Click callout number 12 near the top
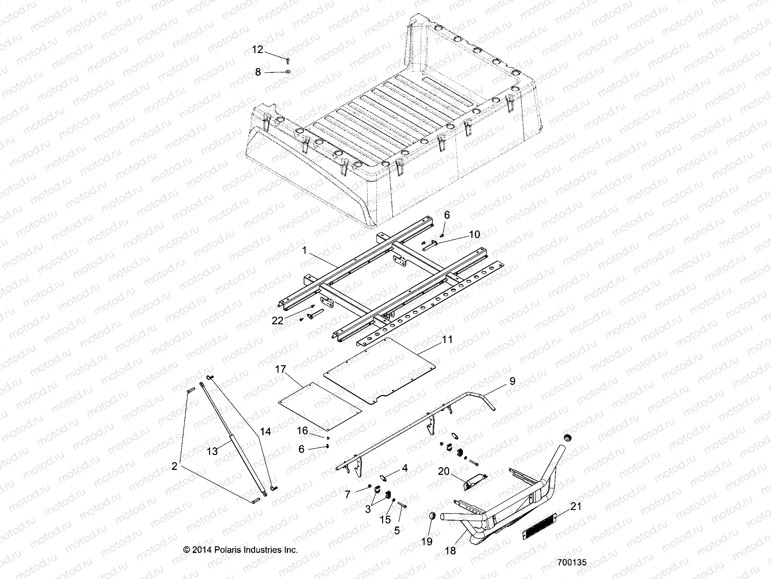pyautogui.click(x=258, y=50)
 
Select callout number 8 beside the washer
pyautogui.click(x=258, y=72)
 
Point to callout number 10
pyautogui.click(x=474, y=234)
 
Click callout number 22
pyautogui.click(x=278, y=321)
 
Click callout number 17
pyautogui.click(x=294, y=370)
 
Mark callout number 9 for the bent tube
pyautogui.click(x=512, y=381)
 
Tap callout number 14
pyautogui.click(x=266, y=432)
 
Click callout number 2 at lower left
pyautogui.click(x=174, y=467)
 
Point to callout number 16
pyautogui.click(x=302, y=430)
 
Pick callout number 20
pyautogui.click(x=444, y=471)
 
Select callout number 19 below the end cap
pyautogui.click(x=427, y=542)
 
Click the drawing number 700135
pyautogui.click(x=572, y=563)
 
